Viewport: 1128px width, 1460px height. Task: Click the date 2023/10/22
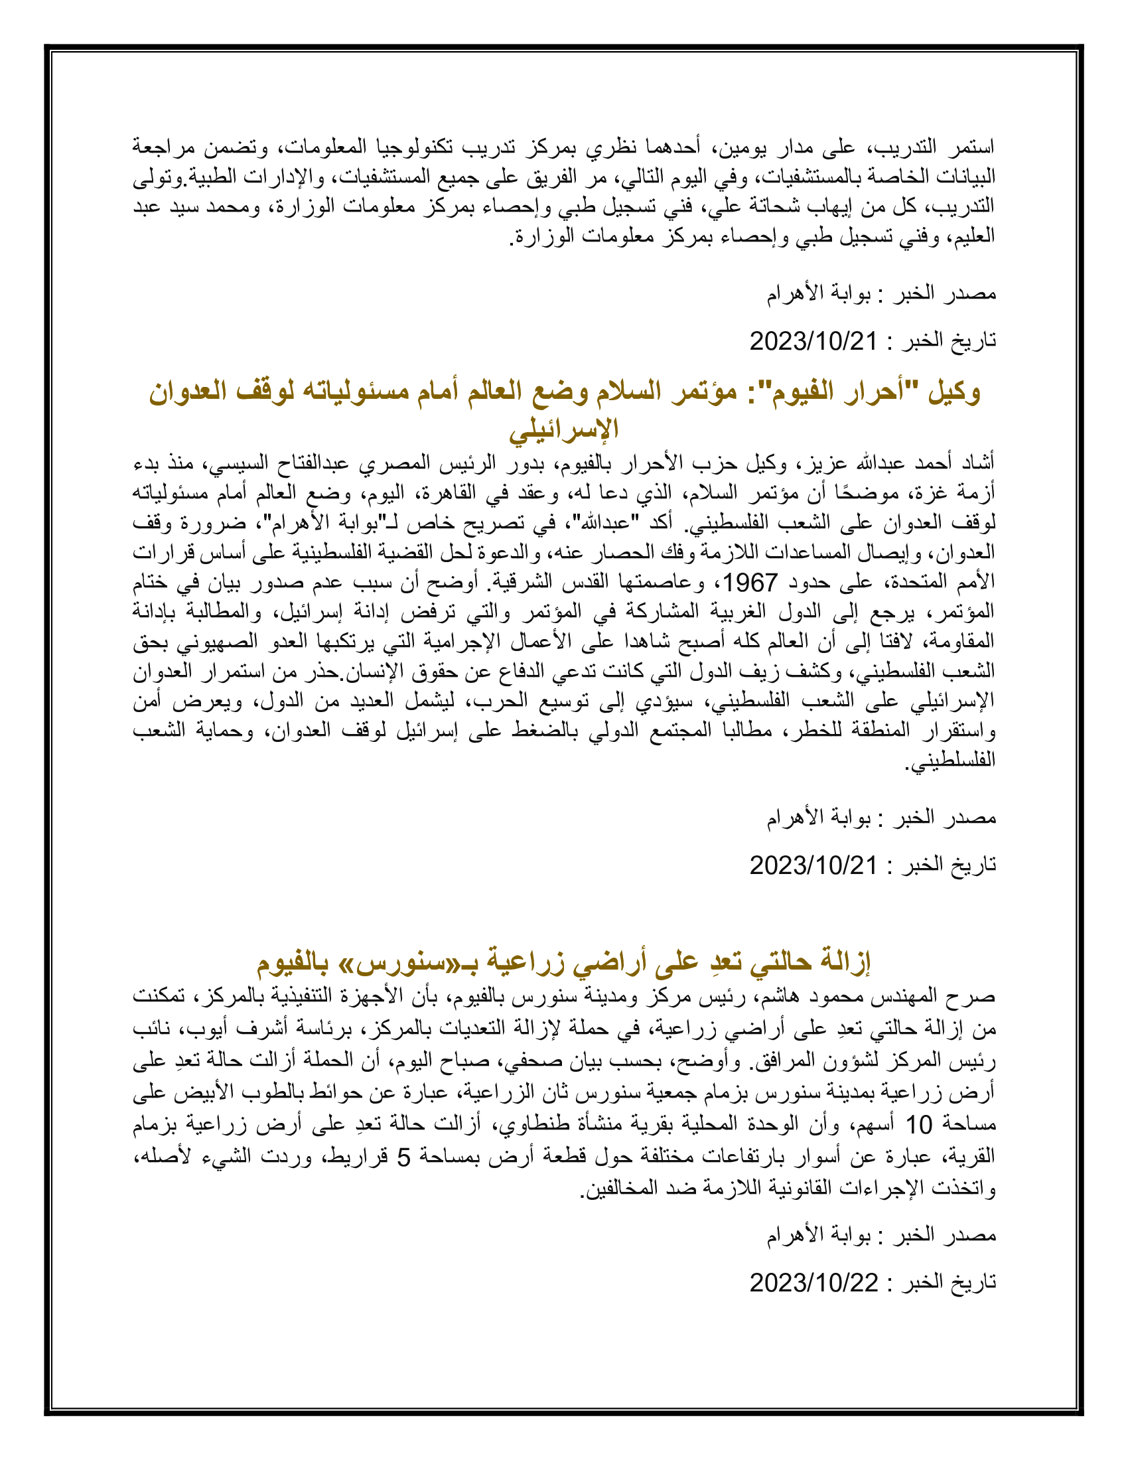point(813,1283)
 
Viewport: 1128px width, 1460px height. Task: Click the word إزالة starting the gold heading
point(843,963)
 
